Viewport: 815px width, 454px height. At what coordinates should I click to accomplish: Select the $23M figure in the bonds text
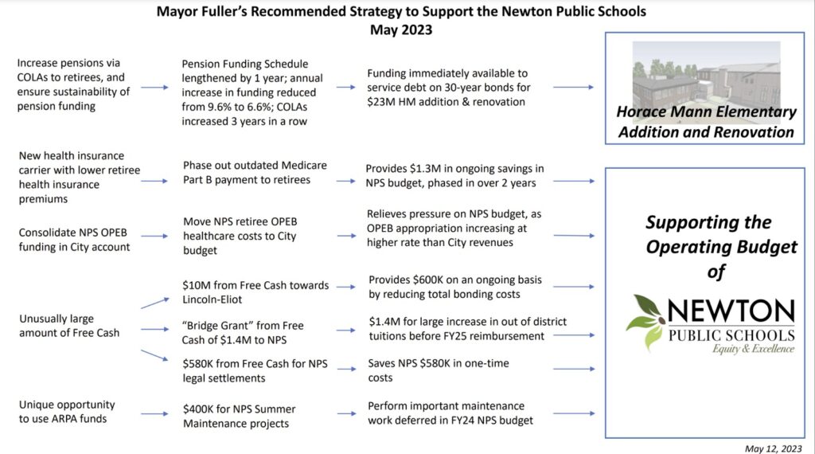pyautogui.click(x=384, y=102)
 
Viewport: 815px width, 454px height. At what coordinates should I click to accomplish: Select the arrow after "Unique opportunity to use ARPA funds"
pyautogui.click(x=154, y=413)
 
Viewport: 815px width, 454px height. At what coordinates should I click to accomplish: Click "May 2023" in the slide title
pyautogui.click(x=401, y=29)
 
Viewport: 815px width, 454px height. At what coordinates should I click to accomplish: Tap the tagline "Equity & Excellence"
pyautogui.click(x=751, y=348)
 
